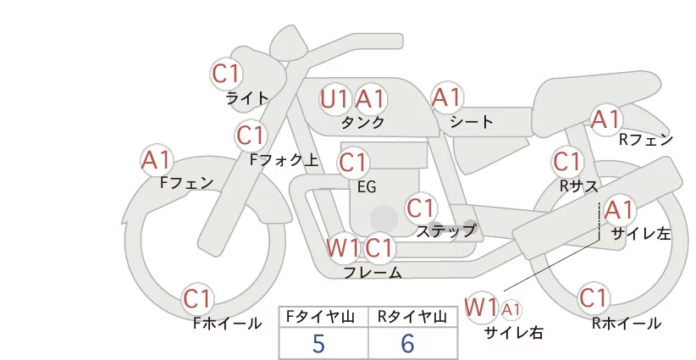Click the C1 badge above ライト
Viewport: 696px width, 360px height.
click(226, 74)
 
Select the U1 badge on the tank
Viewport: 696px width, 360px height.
click(334, 99)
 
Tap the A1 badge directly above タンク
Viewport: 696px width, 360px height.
click(370, 99)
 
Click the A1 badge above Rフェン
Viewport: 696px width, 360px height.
click(606, 119)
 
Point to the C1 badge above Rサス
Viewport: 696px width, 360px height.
click(566, 161)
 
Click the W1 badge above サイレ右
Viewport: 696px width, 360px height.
click(482, 306)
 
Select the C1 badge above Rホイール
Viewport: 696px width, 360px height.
click(594, 299)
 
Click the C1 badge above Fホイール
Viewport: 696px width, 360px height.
click(199, 299)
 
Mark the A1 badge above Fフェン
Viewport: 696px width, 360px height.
click(157, 159)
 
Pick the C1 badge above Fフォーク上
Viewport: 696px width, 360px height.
click(251, 135)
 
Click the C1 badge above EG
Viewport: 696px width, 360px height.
click(353, 161)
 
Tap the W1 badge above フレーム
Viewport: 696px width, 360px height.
click(343, 248)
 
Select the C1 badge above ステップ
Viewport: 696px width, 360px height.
click(421, 208)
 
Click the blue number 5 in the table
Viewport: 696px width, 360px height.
click(318, 343)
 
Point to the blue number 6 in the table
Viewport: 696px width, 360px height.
click(407, 343)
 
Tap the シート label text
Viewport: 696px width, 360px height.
click(472, 122)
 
